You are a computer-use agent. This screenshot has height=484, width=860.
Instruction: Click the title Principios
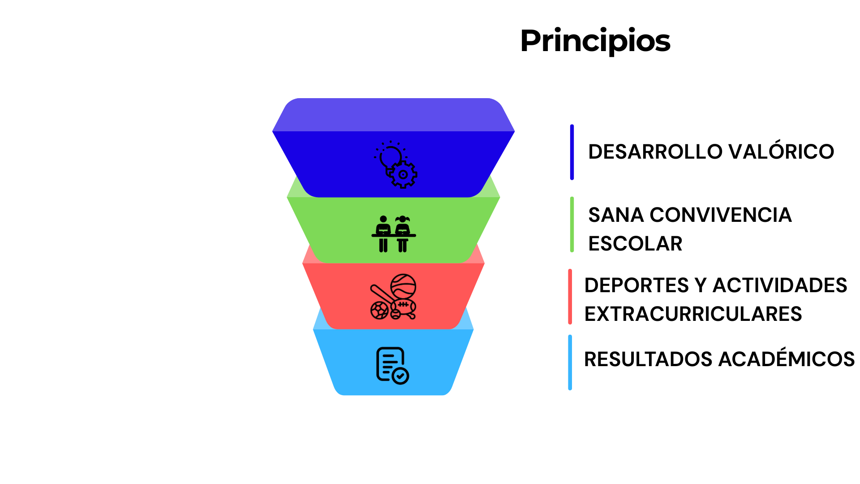click(595, 41)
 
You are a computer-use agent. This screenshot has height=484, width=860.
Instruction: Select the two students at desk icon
click(393, 234)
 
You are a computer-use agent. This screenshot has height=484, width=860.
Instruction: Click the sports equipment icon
click(393, 297)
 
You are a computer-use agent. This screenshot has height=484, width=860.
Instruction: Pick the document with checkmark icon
click(392, 366)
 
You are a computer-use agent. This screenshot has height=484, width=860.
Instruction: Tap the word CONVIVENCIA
click(721, 215)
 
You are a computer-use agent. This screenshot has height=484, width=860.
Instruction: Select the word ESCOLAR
click(635, 244)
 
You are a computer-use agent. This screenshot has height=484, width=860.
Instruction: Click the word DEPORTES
click(636, 285)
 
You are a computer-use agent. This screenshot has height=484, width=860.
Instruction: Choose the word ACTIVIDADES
click(780, 285)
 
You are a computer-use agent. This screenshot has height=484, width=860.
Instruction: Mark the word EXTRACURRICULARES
click(693, 314)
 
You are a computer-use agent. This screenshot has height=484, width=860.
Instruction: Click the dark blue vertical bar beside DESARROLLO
click(572, 152)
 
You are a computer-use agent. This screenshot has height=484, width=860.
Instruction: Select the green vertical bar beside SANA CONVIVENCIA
click(572, 225)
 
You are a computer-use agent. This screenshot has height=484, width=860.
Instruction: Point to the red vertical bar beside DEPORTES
click(570, 297)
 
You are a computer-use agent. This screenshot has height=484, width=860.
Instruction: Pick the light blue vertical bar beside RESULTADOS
click(570, 363)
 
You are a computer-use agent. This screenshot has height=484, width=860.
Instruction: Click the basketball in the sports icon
click(403, 286)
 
